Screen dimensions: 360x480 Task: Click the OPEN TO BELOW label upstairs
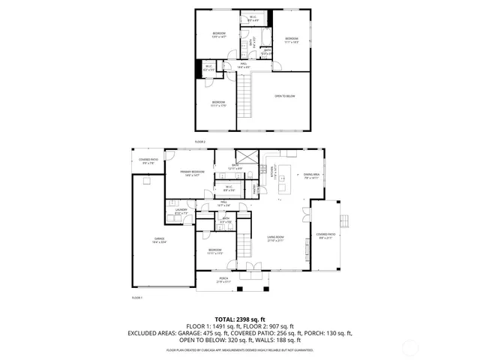click(284, 96)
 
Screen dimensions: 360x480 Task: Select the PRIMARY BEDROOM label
click(193, 172)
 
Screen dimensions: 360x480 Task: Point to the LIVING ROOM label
click(277, 238)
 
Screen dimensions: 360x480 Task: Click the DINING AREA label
click(312, 175)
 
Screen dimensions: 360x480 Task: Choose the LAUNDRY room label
click(171, 211)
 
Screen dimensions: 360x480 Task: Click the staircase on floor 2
click(244, 93)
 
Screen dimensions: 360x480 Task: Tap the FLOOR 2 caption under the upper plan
click(200, 141)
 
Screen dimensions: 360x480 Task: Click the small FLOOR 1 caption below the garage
click(136, 298)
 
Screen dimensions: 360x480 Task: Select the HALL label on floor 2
click(244, 65)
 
